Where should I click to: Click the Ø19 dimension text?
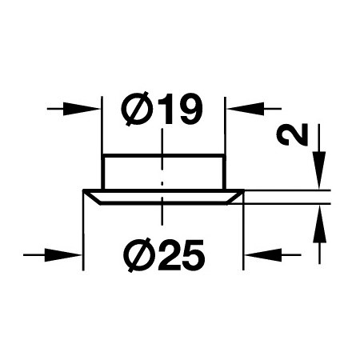(162, 109)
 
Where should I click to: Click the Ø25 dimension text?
(166, 255)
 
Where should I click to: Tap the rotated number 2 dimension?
(293, 134)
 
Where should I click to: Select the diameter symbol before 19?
(135, 109)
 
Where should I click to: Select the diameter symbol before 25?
(140, 255)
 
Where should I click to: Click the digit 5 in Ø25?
(193, 255)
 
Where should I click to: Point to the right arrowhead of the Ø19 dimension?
(246, 109)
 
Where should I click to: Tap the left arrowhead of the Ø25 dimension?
(63, 255)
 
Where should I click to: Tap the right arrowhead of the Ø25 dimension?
(263, 255)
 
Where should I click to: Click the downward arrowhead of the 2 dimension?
(319, 170)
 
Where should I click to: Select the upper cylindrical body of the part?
(162, 172)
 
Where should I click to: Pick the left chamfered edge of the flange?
(91, 198)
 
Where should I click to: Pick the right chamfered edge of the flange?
(235, 198)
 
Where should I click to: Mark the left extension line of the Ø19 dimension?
(102, 126)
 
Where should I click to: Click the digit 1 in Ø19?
(166, 109)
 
